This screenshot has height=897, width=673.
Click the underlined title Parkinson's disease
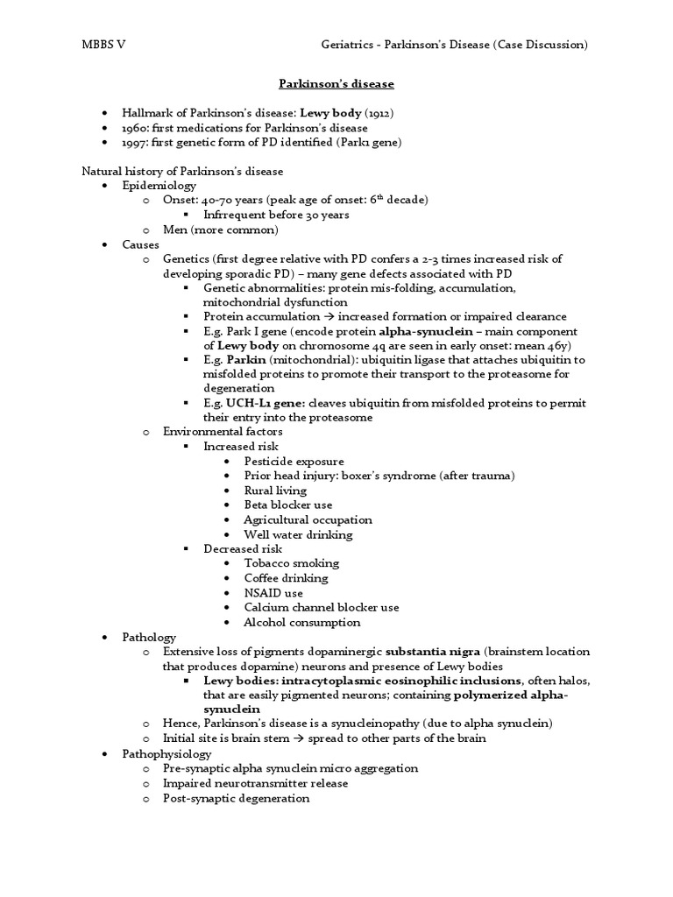[x=336, y=84]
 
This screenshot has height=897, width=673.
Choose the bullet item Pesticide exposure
[x=294, y=461]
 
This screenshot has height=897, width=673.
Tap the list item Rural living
[x=276, y=490]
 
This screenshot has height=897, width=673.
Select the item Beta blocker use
[x=288, y=505]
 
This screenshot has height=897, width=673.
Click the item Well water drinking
[x=299, y=534]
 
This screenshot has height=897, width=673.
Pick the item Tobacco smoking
[x=292, y=563]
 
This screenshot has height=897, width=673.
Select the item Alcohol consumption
[x=302, y=623]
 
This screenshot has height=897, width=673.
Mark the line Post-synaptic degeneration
[x=236, y=798]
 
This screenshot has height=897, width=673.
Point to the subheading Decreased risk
[x=243, y=548]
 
